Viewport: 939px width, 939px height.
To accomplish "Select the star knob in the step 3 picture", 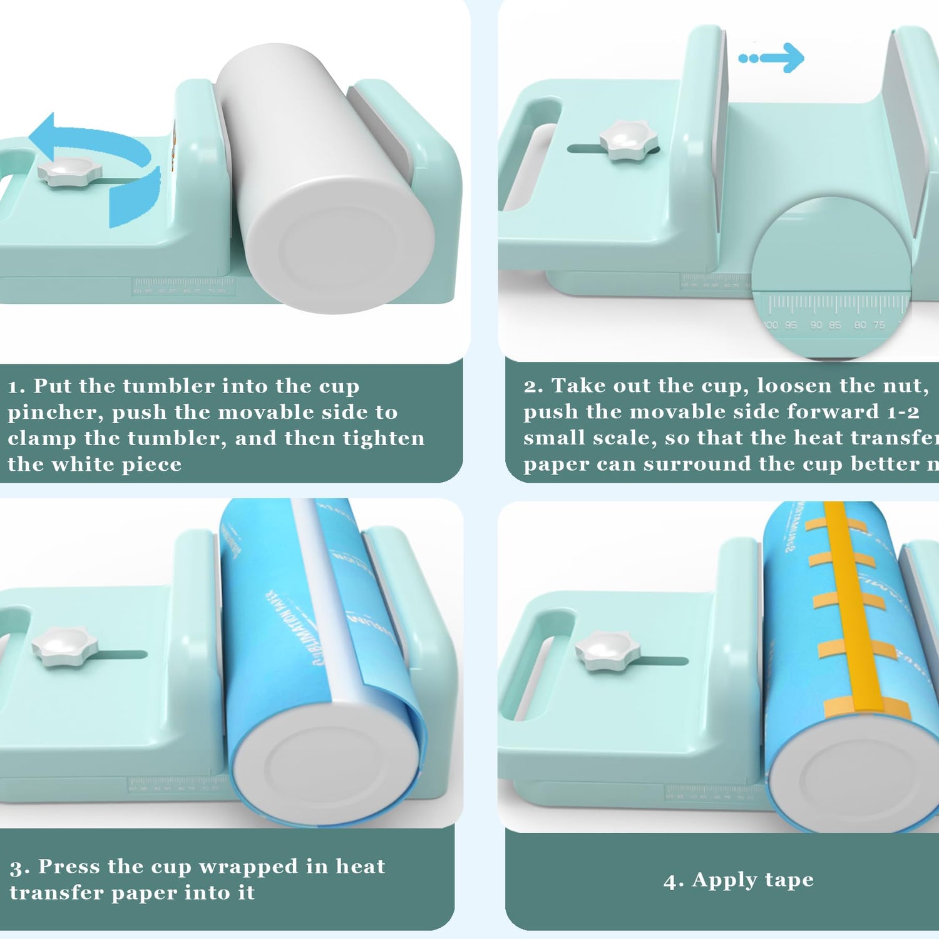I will click(x=64, y=647).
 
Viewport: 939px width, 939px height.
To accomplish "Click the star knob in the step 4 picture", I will click(x=606, y=651).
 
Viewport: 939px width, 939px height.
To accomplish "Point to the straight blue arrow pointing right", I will click(x=772, y=58).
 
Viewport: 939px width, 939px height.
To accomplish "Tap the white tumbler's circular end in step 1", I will click(x=338, y=250).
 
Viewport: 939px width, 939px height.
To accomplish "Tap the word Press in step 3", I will click(x=69, y=866).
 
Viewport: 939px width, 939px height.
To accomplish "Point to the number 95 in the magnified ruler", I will click(x=791, y=325).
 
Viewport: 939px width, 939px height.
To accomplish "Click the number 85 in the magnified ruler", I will click(x=835, y=325).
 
